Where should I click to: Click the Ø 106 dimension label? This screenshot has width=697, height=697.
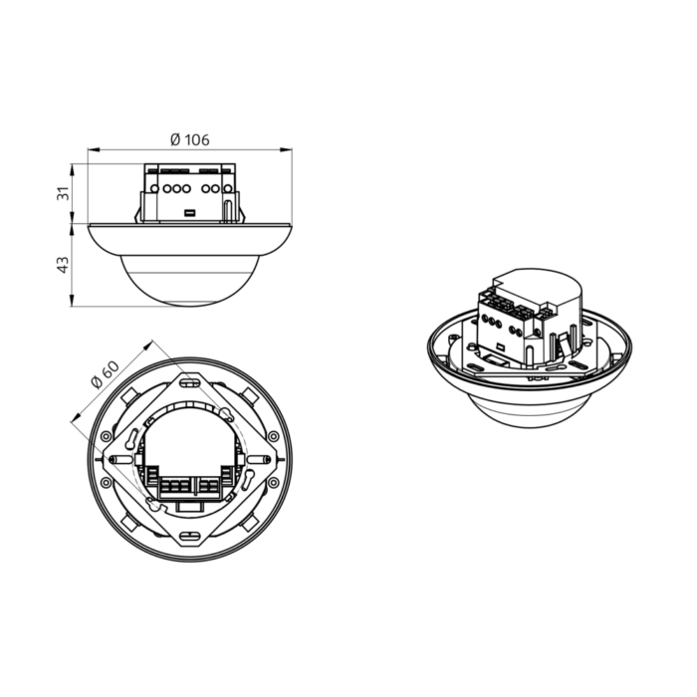[190, 140]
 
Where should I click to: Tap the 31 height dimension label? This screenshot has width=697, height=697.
[64, 194]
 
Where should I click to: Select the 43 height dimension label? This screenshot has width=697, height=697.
[64, 265]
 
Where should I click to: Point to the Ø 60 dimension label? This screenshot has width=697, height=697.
[105, 374]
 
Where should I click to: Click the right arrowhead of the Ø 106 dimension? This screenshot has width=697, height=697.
[287, 150]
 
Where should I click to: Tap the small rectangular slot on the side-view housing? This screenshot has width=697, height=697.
[190, 213]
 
